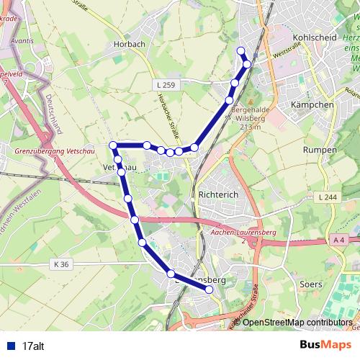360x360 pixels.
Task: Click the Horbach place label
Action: coord(130,43)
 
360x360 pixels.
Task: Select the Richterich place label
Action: coord(217,194)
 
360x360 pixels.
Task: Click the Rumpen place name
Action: coord(320,150)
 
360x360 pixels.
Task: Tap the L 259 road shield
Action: coord(165,85)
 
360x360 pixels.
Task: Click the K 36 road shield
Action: coord(61,264)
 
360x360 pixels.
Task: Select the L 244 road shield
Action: coord(325,197)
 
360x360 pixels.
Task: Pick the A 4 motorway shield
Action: coord(340,239)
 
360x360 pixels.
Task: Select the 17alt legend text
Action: coord(33,346)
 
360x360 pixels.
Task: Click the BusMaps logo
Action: coord(326,345)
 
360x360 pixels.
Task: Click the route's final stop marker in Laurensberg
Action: coord(210,289)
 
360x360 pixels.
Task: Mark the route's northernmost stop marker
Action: coord(240,50)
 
